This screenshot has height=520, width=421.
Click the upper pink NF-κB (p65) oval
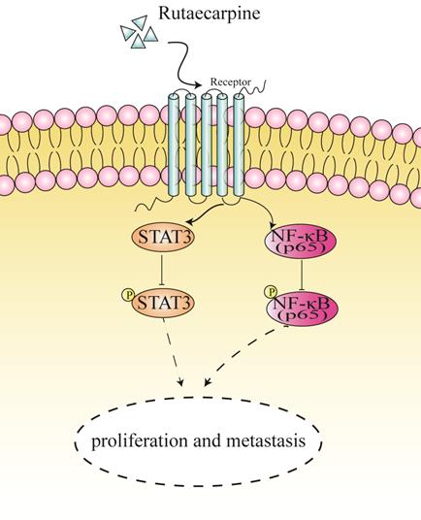pyautogui.click(x=298, y=238)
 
